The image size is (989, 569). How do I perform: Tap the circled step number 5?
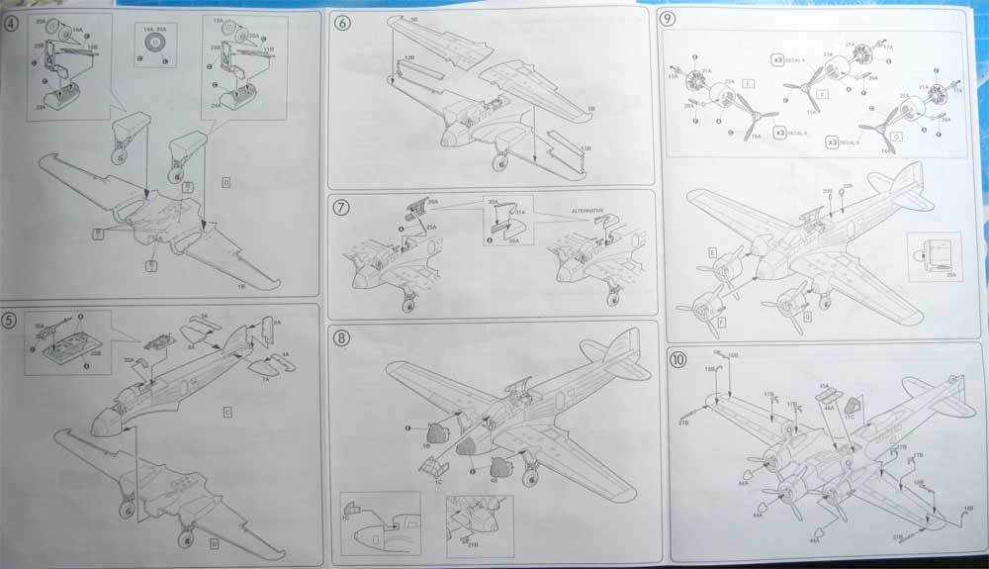[13, 320]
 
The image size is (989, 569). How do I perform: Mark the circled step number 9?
[669, 19]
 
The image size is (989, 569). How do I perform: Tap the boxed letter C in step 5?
[226, 412]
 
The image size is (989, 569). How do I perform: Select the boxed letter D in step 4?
[226, 183]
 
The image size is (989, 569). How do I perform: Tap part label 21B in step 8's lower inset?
[473, 544]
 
